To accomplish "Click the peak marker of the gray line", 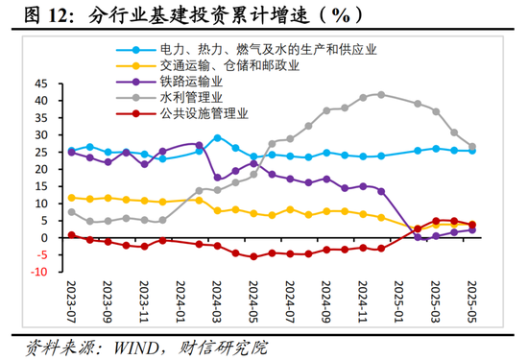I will (x=381, y=94).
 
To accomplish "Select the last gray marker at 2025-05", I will (x=472, y=147).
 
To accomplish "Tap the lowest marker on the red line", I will (x=253, y=256).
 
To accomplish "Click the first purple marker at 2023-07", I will (x=71, y=152).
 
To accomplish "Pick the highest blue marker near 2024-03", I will (x=217, y=137).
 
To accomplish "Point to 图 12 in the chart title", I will (x=29, y=16).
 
